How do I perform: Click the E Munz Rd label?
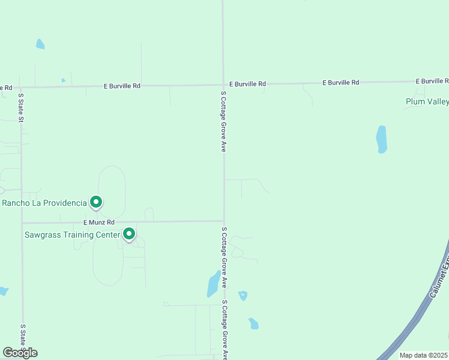[99, 223]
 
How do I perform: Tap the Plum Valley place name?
[427, 101]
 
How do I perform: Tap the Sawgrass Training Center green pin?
[129, 234]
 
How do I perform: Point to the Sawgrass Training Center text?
[72, 234]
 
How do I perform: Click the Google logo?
[20, 352]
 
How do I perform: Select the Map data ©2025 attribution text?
[424, 355]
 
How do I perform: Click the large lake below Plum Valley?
[381, 139]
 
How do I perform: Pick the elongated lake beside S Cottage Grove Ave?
[213, 283]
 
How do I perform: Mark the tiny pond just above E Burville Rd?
[63, 80]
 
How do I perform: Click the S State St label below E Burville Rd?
[20, 107]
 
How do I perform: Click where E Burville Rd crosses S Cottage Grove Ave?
[223, 85]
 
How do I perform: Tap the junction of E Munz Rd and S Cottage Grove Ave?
[224, 221]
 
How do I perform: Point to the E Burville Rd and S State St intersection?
[21, 87]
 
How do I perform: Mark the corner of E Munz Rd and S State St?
[22, 223]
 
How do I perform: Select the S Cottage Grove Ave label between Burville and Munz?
[223, 121]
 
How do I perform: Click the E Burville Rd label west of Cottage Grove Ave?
[122, 86]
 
